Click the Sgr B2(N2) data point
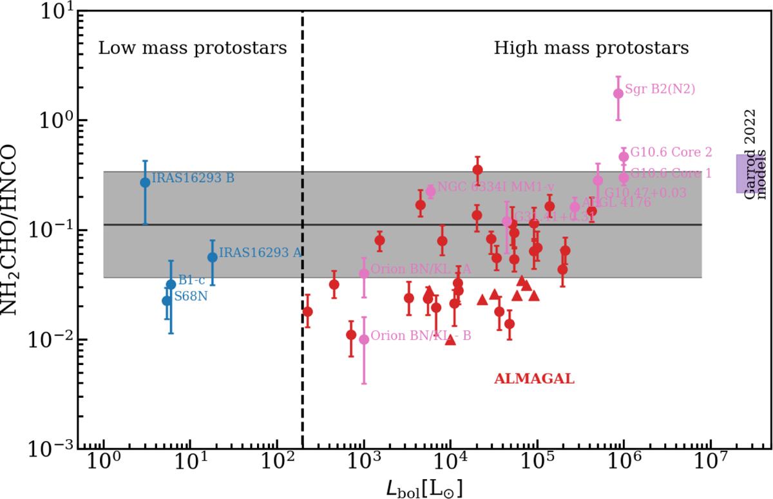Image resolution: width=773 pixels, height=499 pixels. pos(618,93)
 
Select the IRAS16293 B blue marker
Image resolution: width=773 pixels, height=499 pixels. pos(145,182)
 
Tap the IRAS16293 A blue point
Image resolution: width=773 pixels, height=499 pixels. pos(212,257)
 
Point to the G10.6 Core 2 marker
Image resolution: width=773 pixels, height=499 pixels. pos(624,156)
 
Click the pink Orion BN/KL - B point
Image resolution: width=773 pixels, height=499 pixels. pos(364,339)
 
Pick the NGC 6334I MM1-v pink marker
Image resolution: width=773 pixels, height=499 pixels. pos(431,191)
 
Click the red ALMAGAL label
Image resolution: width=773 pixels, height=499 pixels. pos(533,379)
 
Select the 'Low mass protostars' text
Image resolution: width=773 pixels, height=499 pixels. pos(192,48)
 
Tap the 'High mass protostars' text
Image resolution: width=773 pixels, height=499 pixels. pos(591,48)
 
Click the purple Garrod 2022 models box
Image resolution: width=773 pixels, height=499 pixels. pos(746,173)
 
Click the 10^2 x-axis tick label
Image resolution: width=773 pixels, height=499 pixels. pos(277,465)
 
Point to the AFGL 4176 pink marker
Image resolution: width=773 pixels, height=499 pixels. pos(575,207)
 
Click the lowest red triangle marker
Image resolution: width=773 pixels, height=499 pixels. pos(450,340)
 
